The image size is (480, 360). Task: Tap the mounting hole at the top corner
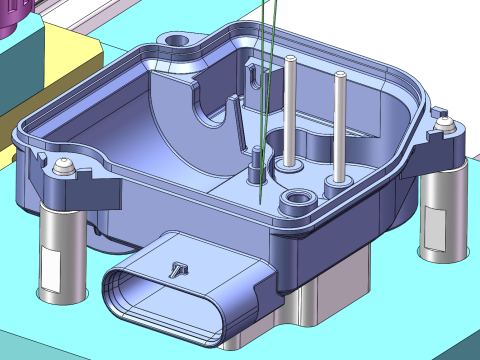(x=180, y=41)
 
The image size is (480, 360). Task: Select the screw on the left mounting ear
(x=64, y=166)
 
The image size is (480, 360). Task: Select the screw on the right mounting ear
(x=444, y=125)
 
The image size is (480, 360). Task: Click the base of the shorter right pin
(x=334, y=183)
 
